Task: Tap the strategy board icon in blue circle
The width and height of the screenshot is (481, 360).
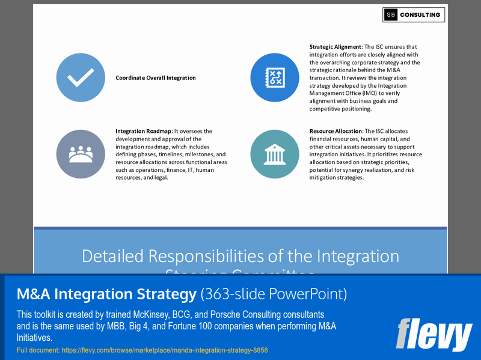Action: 275,78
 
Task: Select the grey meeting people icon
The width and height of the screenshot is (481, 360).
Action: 81,154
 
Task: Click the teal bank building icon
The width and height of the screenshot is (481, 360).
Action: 275,154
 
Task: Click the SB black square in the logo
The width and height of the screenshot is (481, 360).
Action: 391,15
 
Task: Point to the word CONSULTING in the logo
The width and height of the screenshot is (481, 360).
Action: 421,15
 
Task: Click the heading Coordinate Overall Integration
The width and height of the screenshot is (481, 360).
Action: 156,78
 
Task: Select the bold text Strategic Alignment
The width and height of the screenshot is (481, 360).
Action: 335,47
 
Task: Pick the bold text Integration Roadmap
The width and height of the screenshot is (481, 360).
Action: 144,131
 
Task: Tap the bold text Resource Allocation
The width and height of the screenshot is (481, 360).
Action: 335,131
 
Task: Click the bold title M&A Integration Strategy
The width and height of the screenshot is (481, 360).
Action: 106,294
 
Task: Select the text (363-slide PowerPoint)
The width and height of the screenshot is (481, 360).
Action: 274,294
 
